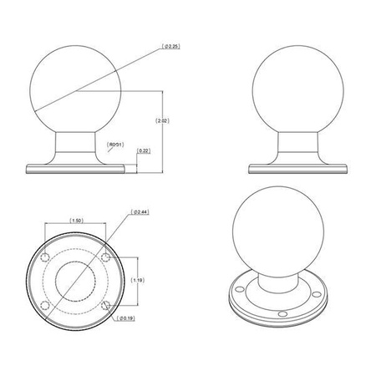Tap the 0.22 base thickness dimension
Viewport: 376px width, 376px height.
coord(143,151)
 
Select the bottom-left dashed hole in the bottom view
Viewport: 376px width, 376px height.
coord(46,307)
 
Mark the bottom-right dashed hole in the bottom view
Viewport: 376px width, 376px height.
coord(105,307)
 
